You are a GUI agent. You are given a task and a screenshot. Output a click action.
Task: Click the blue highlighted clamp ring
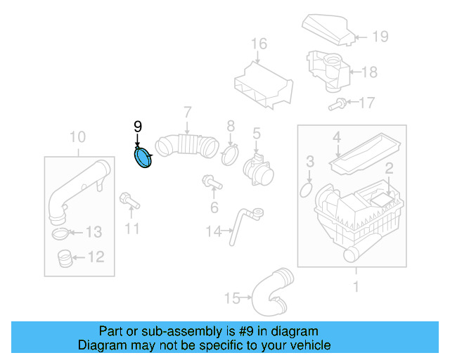(144, 159)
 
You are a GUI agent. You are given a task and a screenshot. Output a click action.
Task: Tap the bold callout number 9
(138, 127)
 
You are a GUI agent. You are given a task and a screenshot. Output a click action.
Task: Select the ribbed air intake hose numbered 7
(188, 144)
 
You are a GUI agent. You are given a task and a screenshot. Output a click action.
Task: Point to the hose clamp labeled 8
(229, 155)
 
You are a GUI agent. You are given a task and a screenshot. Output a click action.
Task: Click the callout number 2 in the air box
(387, 168)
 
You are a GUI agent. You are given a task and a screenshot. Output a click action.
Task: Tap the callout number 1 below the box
(355, 287)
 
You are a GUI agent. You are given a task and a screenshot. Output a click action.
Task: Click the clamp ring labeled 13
(60, 233)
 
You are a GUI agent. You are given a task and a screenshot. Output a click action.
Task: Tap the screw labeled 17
(336, 105)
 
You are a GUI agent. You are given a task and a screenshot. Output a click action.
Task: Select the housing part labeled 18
(326, 70)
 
